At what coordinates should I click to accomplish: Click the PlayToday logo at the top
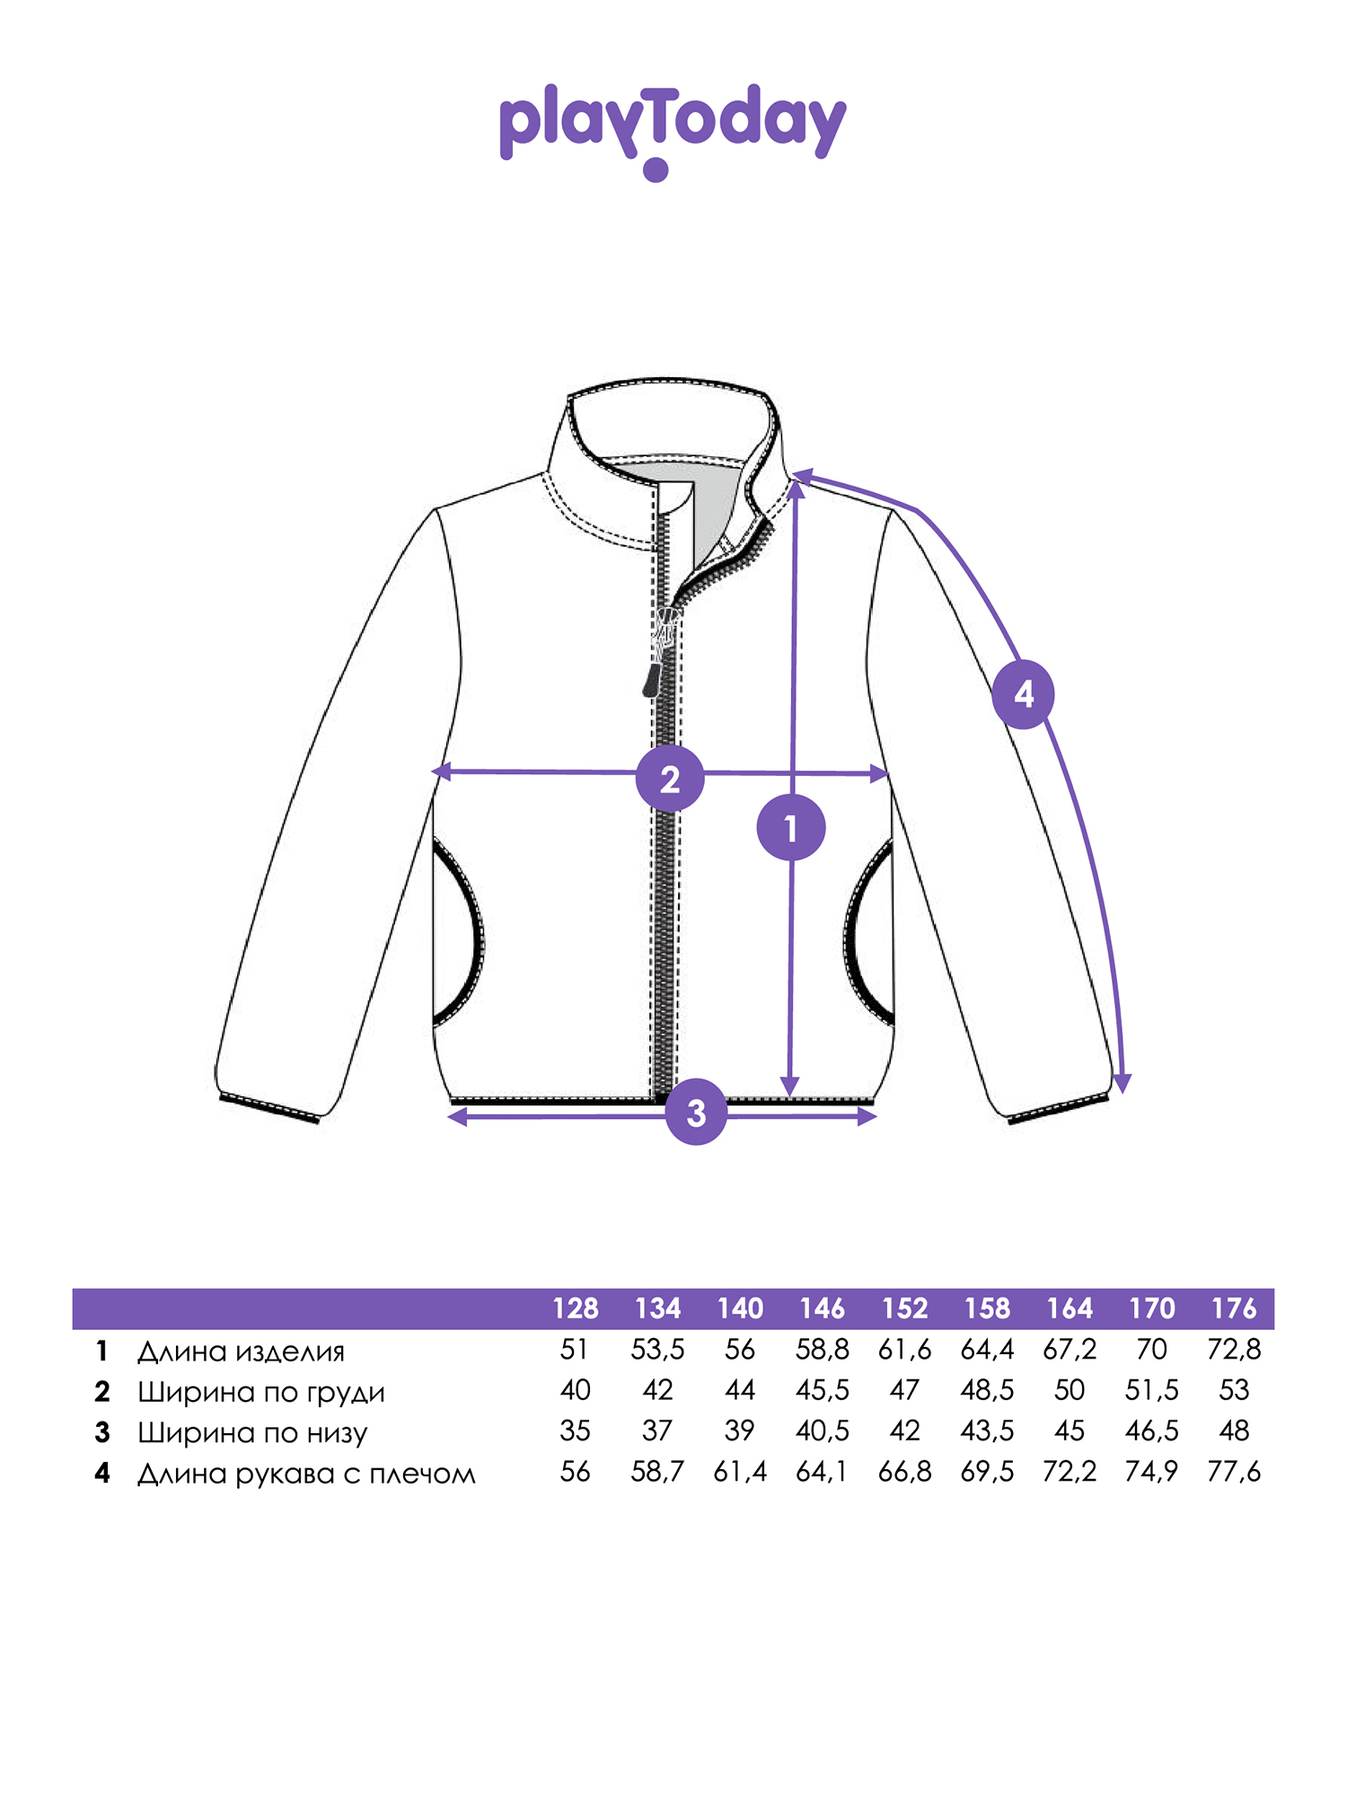point(673,131)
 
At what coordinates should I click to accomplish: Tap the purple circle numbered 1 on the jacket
point(791,827)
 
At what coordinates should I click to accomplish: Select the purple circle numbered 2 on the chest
point(670,779)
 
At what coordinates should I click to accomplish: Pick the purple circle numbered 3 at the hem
point(696,1113)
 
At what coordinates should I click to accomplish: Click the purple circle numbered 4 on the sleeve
point(1024,694)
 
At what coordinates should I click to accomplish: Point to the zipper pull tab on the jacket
point(652,679)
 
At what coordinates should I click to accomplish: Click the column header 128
point(576,1308)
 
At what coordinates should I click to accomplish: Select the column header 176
point(1235,1308)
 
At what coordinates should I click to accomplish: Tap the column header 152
point(905,1308)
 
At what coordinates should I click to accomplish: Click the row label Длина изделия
point(241,1351)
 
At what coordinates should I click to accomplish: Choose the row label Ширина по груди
point(261,1392)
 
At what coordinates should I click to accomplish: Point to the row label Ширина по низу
point(252,1432)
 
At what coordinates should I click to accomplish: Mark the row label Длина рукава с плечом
point(306,1474)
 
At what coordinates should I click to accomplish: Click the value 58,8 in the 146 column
point(823,1350)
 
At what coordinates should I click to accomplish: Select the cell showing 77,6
point(1235,1472)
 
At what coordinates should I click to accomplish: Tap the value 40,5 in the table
point(823,1431)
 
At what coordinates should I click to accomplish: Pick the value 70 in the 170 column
point(1152,1350)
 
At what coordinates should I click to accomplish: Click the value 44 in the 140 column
point(740,1390)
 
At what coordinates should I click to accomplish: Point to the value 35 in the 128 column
point(576,1431)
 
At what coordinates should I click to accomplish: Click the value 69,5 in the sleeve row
point(987,1472)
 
